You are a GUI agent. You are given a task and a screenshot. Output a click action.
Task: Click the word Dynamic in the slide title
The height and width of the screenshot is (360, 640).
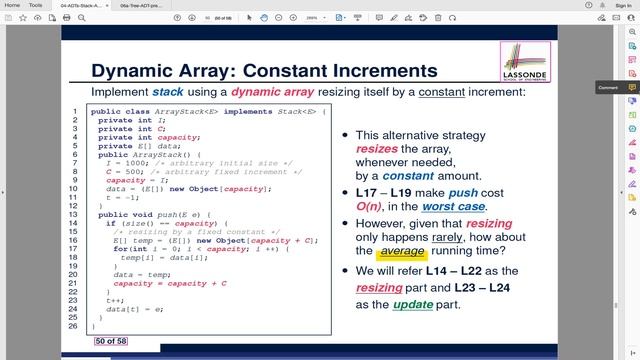click(133, 71)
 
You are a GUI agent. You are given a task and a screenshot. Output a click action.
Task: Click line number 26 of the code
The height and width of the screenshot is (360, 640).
click(75, 326)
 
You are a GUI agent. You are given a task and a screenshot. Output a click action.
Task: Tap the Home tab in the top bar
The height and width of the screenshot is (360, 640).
click(13, 5)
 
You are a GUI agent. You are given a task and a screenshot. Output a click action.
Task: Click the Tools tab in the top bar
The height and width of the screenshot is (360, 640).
click(36, 5)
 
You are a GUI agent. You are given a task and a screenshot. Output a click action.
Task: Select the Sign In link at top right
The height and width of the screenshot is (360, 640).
click(623, 5)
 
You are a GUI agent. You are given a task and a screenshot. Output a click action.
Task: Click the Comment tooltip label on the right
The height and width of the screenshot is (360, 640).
click(608, 88)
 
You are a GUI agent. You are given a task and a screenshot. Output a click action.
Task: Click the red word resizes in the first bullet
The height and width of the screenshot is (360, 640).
click(376, 147)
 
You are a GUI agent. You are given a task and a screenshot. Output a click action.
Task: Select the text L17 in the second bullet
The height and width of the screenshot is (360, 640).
click(369, 191)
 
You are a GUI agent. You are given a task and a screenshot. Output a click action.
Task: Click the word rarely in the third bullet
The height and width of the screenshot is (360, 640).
click(454, 236)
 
